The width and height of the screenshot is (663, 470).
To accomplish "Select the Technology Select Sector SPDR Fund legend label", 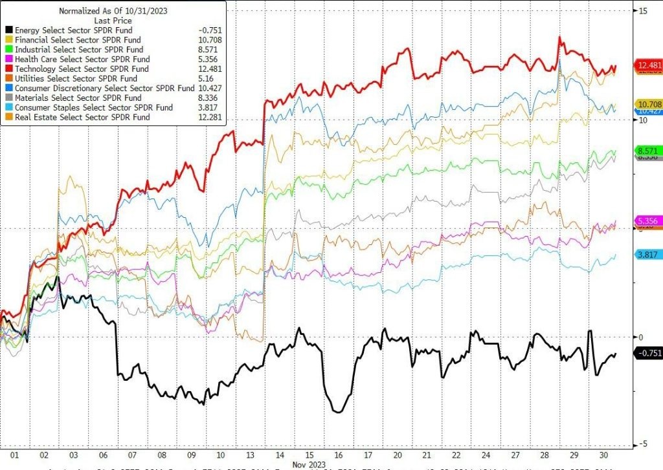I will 82,69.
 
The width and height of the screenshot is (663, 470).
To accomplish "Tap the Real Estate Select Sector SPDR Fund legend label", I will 82,117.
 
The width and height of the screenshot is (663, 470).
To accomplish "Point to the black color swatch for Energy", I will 8,30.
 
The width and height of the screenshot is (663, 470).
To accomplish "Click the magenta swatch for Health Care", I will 8,59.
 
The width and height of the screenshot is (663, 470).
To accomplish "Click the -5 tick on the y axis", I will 644,443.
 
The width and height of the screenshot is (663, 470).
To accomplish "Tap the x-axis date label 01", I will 14,455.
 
